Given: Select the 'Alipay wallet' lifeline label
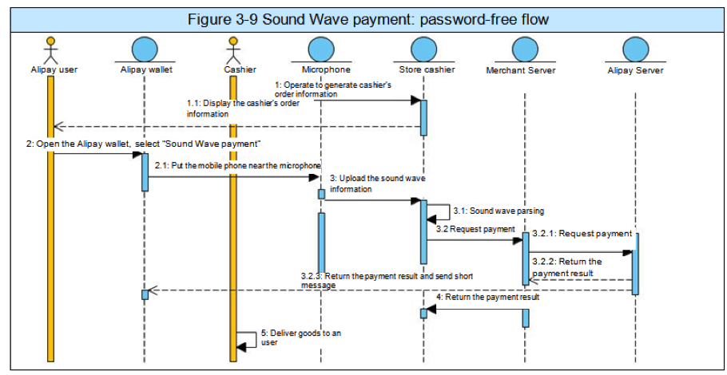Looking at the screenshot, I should [146, 70].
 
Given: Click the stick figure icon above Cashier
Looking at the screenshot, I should [233, 49].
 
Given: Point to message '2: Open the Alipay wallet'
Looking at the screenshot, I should [144, 143].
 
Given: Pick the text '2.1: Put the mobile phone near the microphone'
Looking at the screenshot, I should [232, 165].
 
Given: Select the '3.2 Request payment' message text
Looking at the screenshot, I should [475, 229].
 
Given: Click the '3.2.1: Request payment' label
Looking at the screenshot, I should [581, 234].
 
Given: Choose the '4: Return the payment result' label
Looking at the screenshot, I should [487, 297].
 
